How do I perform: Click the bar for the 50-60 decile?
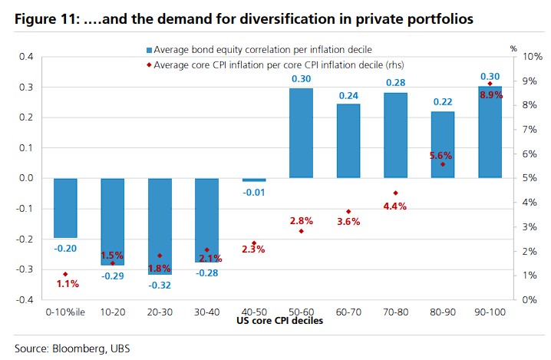pyautogui.click(x=301, y=133)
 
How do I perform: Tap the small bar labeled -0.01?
pyautogui.click(x=254, y=180)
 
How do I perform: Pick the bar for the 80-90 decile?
pyautogui.click(x=443, y=144)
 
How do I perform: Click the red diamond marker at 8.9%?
pyautogui.click(x=490, y=84)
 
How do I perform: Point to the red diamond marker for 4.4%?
pyautogui.click(x=396, y=193)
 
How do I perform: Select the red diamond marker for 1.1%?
pyautogui.click(x=65, y=274)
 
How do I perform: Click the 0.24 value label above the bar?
pyautogui.click(x=348, y=96)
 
